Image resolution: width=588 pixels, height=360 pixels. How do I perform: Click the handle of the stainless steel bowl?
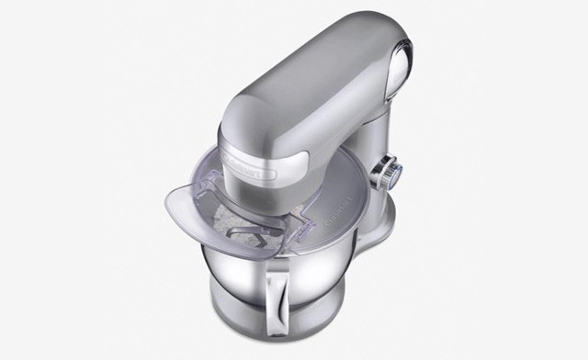pos(277,298)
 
